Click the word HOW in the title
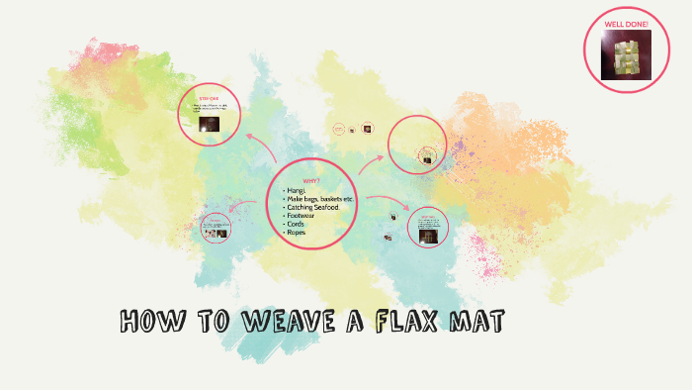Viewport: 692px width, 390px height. (148, 323)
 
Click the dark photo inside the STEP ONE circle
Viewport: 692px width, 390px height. (210, 124)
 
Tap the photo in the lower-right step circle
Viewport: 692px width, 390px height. (428, 238)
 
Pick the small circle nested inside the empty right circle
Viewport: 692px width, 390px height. (428, 156)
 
